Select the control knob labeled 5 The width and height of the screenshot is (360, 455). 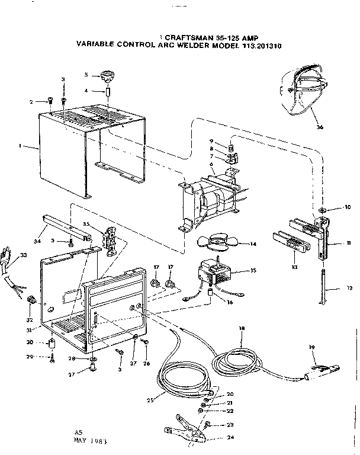pyautogui.click(x=107, y=75)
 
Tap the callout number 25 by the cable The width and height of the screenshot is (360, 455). pyautogui.click(x=150, y=400)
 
